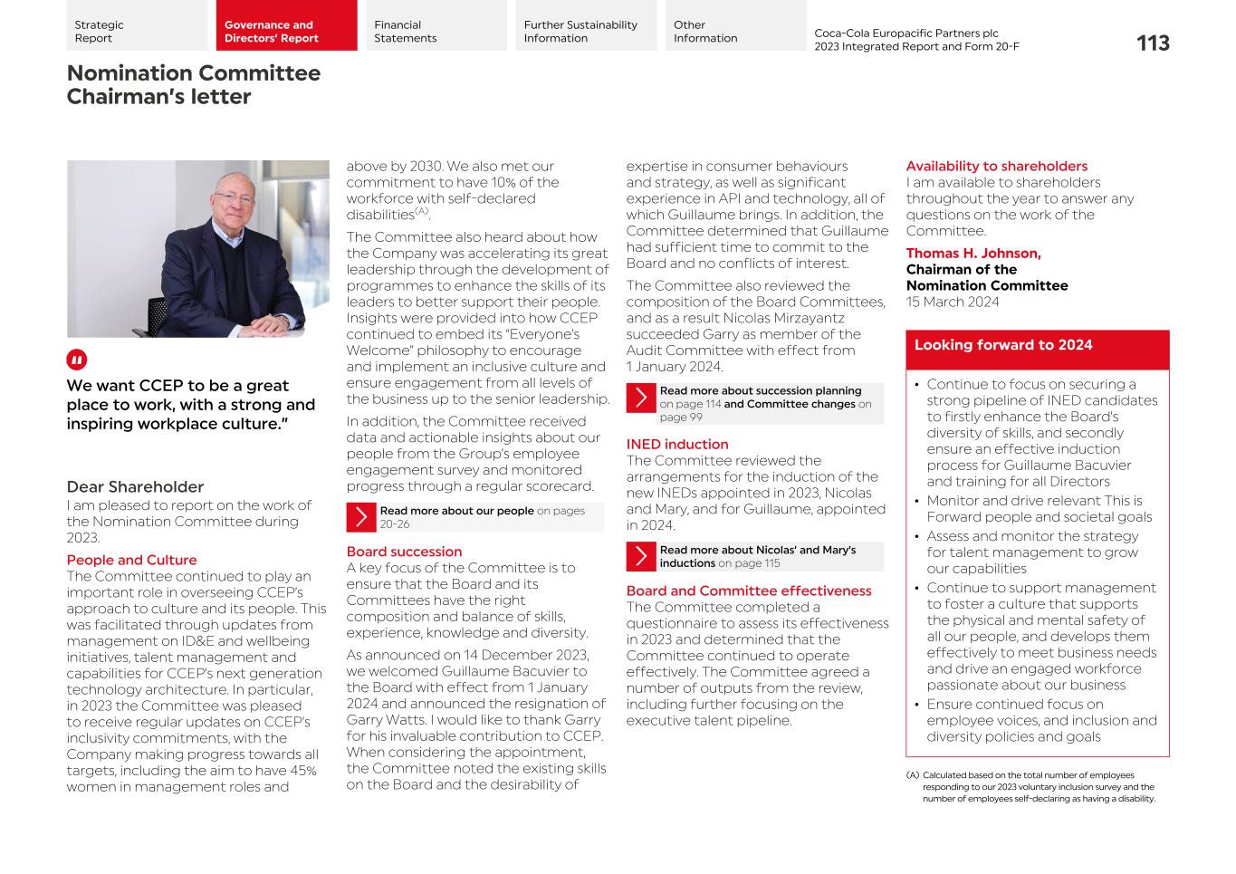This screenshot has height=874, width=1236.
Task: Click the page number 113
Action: (x=1152, y=43)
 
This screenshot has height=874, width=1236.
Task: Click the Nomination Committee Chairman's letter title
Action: (x=193, y=84)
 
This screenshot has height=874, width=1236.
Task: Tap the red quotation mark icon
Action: (x=77, y=360)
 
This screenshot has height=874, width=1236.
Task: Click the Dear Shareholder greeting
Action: (x=135, y=486)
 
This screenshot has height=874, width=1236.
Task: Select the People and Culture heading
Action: (x=131, y=560)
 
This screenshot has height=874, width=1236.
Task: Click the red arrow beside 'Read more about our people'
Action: (x=361, y=517)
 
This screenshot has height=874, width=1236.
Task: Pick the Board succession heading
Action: (x=404, y=552)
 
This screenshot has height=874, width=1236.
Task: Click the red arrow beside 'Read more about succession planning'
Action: (x=641, y=398)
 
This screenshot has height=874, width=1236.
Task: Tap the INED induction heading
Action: (x=676, y=444)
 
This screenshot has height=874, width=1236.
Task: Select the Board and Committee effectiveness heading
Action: (x=748, y=591)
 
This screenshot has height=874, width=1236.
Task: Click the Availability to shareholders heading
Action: (x=996, y=166)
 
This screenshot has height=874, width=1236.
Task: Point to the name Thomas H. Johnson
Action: (x=973, y=254)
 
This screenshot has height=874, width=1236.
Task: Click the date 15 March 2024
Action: (x=952, y=302)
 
